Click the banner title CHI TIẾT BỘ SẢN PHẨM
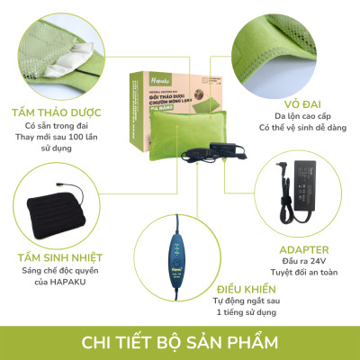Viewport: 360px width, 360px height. click(180, 343)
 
